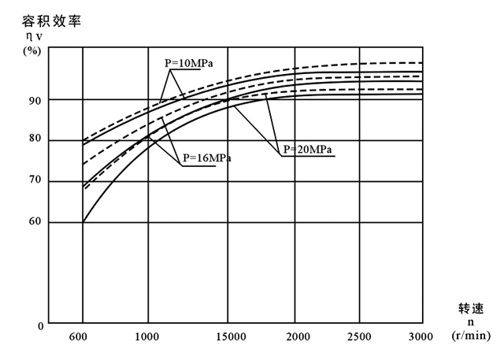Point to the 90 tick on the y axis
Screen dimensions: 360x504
(35, 100)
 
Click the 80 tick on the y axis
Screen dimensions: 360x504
(35, 141)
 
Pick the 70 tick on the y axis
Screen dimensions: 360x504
(35, 182)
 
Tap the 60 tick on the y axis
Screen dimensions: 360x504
(35, 223)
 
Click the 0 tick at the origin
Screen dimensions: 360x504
(39, 325)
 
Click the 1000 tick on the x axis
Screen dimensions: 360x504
(147, 336)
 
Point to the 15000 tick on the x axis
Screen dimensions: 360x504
(228, 336)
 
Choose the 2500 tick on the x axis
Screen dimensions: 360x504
(359, 336)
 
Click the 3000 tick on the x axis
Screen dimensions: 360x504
(421, 336)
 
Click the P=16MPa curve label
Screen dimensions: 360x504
(206, 158)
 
